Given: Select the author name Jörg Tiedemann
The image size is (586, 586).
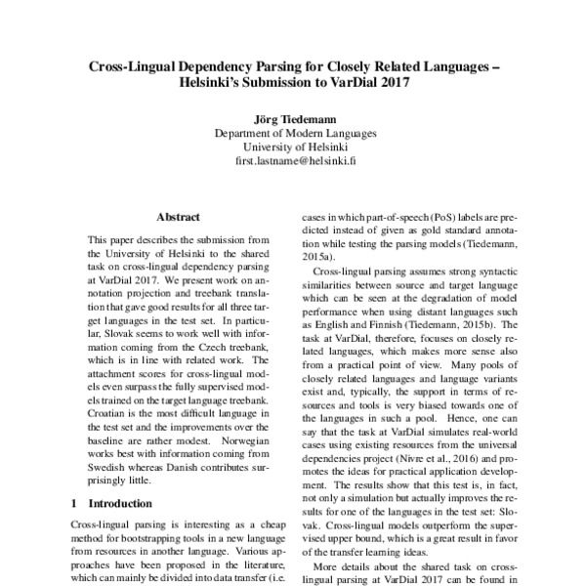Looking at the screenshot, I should pos(293,119).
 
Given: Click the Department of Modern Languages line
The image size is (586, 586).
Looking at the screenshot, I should pos(293,134).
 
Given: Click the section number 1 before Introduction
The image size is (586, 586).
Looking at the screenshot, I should pos(75,503).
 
